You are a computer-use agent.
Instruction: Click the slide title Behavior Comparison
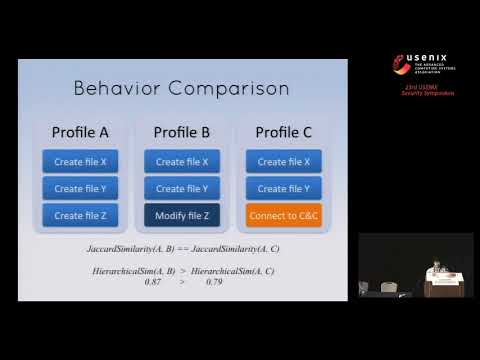[181, 88]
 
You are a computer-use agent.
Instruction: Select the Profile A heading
[80, 132]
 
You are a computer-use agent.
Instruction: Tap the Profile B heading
[182, 132]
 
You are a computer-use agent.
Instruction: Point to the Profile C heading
[284, 132]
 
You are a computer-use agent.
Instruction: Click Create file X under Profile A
[80, 161]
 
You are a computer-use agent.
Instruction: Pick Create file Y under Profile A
[80, 188]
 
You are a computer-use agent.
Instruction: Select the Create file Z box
[80, 215]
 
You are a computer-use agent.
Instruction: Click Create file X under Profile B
[182, 161]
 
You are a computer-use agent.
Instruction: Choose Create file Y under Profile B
[182, 188]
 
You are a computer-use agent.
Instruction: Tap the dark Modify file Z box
[182, 215]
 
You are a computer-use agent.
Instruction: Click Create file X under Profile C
[284, 161]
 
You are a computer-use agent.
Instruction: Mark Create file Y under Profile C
[284, 188]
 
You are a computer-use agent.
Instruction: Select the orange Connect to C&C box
[284, 215]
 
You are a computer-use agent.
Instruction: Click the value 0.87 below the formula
[153, 282]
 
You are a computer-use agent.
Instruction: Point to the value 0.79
[213, 282]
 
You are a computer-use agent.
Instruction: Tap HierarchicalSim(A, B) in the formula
[134, 271]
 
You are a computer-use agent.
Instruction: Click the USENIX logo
[421, 68]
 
